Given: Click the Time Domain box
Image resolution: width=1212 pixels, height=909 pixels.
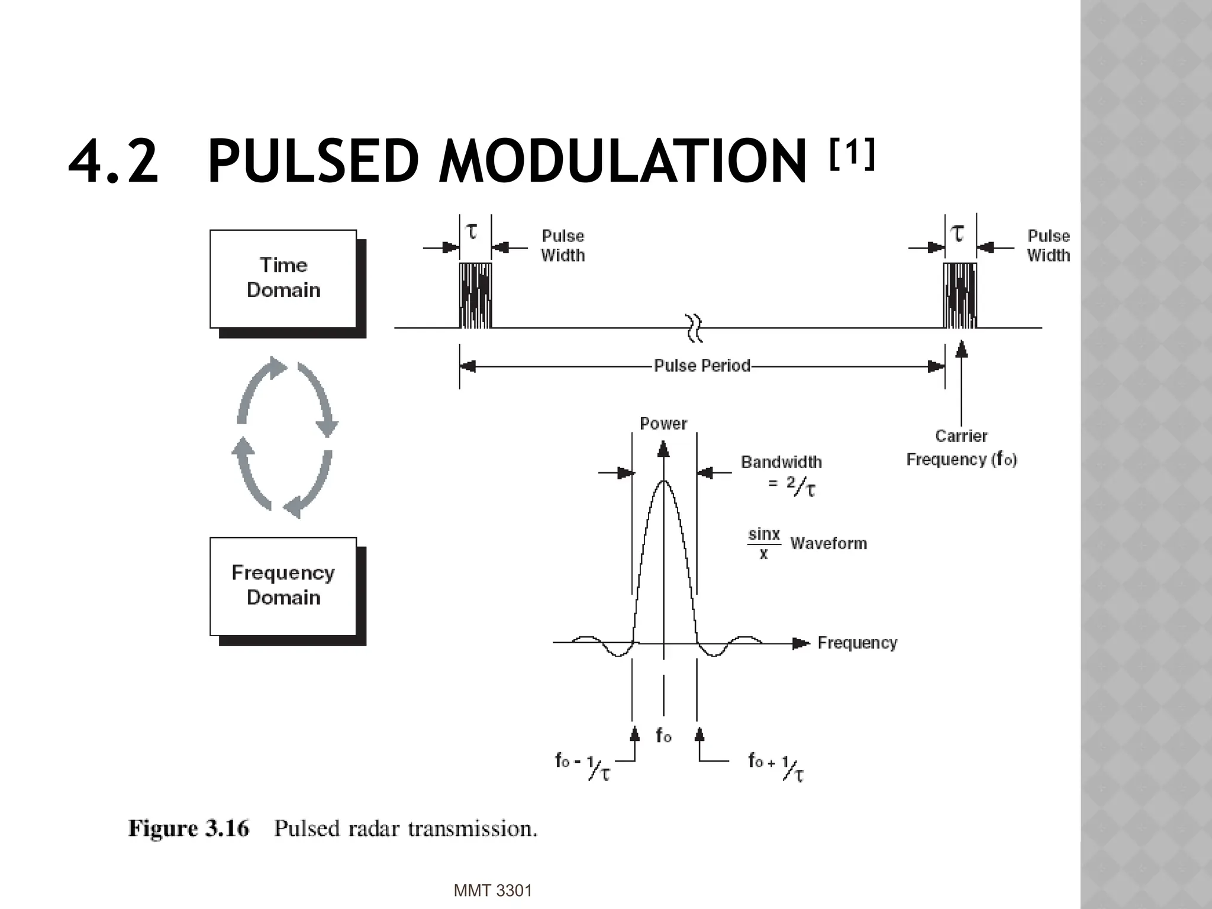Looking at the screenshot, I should coord(283,278).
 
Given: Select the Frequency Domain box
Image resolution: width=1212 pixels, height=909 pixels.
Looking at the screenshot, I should coord(283,586).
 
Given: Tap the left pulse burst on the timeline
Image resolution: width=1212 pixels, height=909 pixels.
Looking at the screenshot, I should coord(475,296).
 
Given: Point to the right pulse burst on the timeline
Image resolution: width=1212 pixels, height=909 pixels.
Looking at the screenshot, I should coord(959,296).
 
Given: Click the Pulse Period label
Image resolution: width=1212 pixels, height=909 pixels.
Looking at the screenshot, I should coord(702,366).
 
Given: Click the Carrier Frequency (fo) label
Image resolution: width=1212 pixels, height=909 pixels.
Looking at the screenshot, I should coord(961,448).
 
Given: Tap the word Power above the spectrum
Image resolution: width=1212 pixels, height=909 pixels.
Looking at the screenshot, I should coord(663,424).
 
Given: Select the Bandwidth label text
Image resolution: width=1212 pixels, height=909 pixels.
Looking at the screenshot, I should coord(781,462).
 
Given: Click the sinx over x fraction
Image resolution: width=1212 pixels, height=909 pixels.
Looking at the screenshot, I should coord(764,543).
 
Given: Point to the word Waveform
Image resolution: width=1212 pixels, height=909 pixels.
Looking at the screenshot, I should coord(829,543).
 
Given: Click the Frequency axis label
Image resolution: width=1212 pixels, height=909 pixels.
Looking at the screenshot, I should coord(857,643).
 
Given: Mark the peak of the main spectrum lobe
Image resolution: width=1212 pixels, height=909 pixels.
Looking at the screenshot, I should coord(664,481).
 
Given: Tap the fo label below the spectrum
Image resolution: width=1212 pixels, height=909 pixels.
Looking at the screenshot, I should coord(663,736).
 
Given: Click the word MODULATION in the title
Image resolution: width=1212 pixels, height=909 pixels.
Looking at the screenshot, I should coord(622,161).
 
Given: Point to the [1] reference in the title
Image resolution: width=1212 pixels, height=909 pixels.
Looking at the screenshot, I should coord(852,154).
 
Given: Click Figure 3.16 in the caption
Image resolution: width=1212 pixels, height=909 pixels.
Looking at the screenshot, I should coord(189,829).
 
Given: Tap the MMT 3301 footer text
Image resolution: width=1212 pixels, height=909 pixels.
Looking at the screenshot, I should coord(492,890).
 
